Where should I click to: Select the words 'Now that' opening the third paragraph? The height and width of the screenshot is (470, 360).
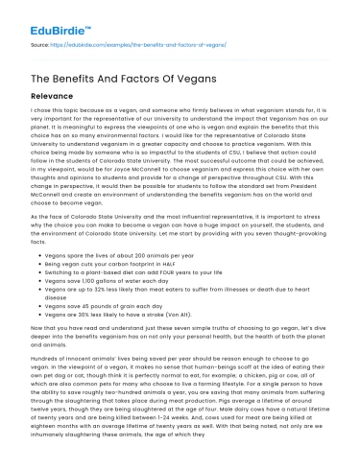26,332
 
